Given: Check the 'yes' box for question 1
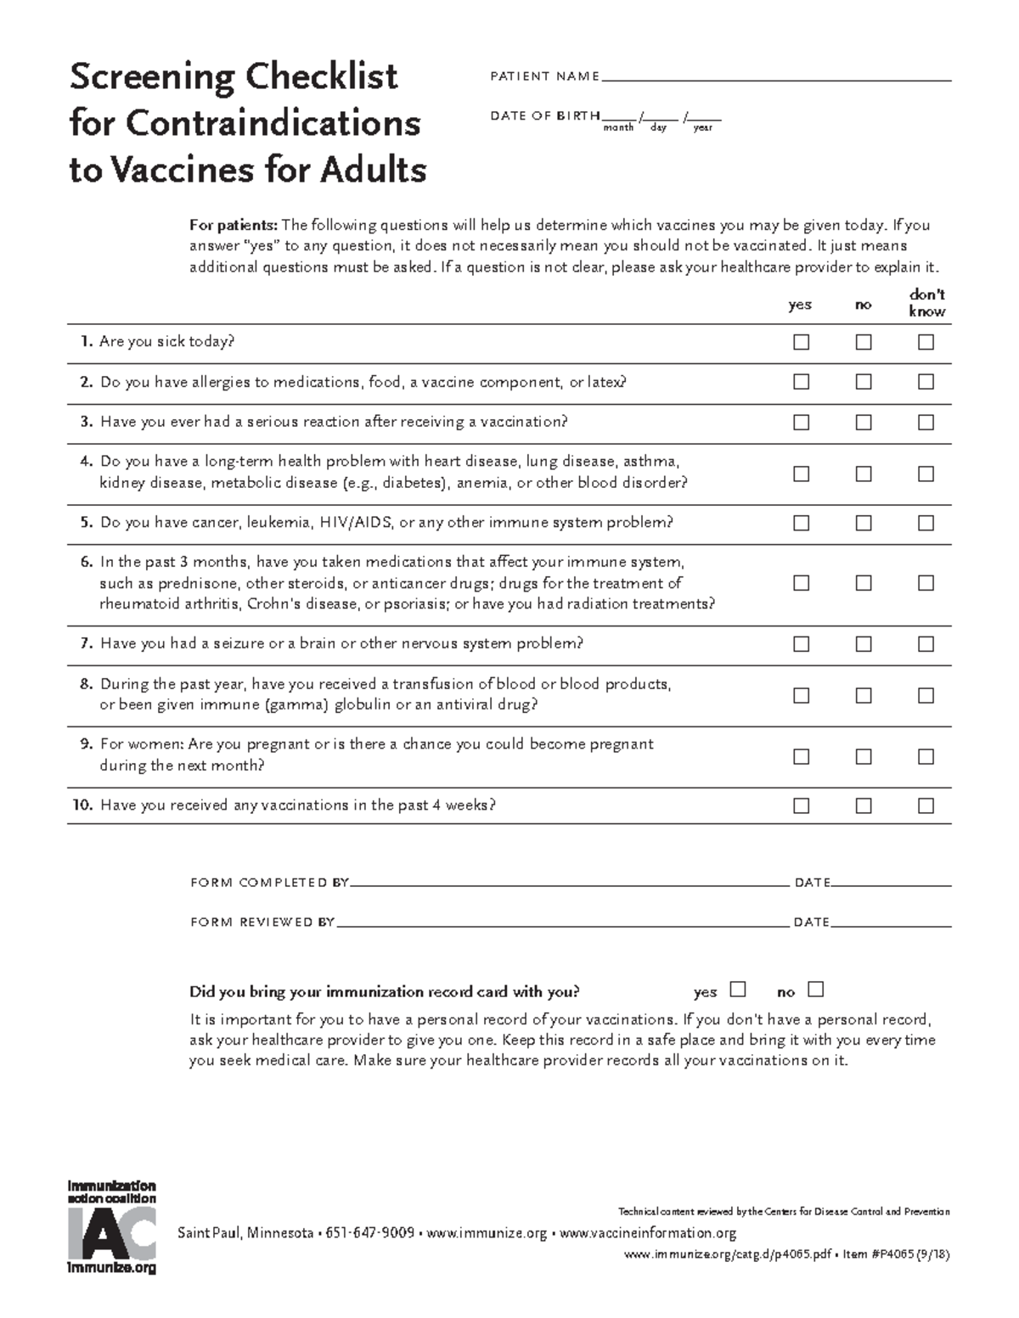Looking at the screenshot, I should (x=801, y=342).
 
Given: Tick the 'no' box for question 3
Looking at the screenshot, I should (x=864, y=422).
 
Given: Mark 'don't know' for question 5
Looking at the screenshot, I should (x=926, y=523).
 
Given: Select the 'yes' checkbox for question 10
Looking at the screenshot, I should (x=801, y=805).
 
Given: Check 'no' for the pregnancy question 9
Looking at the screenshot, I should (x=864, y=756).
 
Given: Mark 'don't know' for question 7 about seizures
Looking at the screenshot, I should (x=926, y=644).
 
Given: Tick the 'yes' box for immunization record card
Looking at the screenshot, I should (x=738, y=990).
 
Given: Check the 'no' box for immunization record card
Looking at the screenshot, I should (x=816, y=990).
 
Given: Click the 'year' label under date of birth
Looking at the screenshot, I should (x=702, y=128).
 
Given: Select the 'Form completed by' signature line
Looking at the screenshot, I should (x=569, y=883).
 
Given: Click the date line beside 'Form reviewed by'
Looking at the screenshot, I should (x=891, y=923).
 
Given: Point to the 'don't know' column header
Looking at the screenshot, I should (x=926, y=303).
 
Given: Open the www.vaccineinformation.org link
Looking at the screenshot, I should (x=648, y=1233).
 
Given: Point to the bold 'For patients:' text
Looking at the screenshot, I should (x=233, y=226).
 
